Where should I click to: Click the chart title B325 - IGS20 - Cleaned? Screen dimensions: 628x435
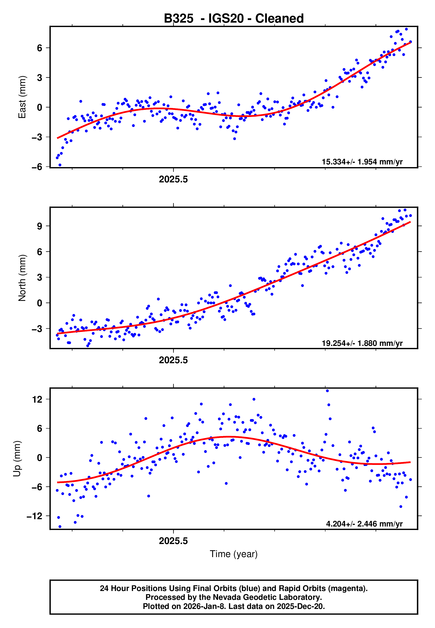click(x=234, y=19)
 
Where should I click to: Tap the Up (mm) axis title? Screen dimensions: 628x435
click(x=17, y=459)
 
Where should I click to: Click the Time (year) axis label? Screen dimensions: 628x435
click(x=234, y=554)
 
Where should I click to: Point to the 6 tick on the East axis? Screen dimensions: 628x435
click(x=40, y=48)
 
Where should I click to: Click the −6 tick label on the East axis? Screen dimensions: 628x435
click(x=37, y=167)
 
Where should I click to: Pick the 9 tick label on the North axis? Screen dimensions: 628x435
click(x=40, y=226)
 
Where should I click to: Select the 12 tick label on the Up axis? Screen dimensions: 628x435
click(x=37, y=400)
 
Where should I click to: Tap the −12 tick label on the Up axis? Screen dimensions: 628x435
click(x=35, y=516)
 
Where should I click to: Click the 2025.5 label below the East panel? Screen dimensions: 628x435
click(x=173, y=179)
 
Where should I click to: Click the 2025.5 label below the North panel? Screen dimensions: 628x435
click(x=173, y=360)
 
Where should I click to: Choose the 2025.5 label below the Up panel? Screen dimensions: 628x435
click(x=173, y=541)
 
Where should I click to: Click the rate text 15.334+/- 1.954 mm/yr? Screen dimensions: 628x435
click(x=362, y=162)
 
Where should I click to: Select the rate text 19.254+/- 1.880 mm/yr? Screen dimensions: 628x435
click(x=362, y=343)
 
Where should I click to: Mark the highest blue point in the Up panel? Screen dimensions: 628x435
click(x=327, y=391)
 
